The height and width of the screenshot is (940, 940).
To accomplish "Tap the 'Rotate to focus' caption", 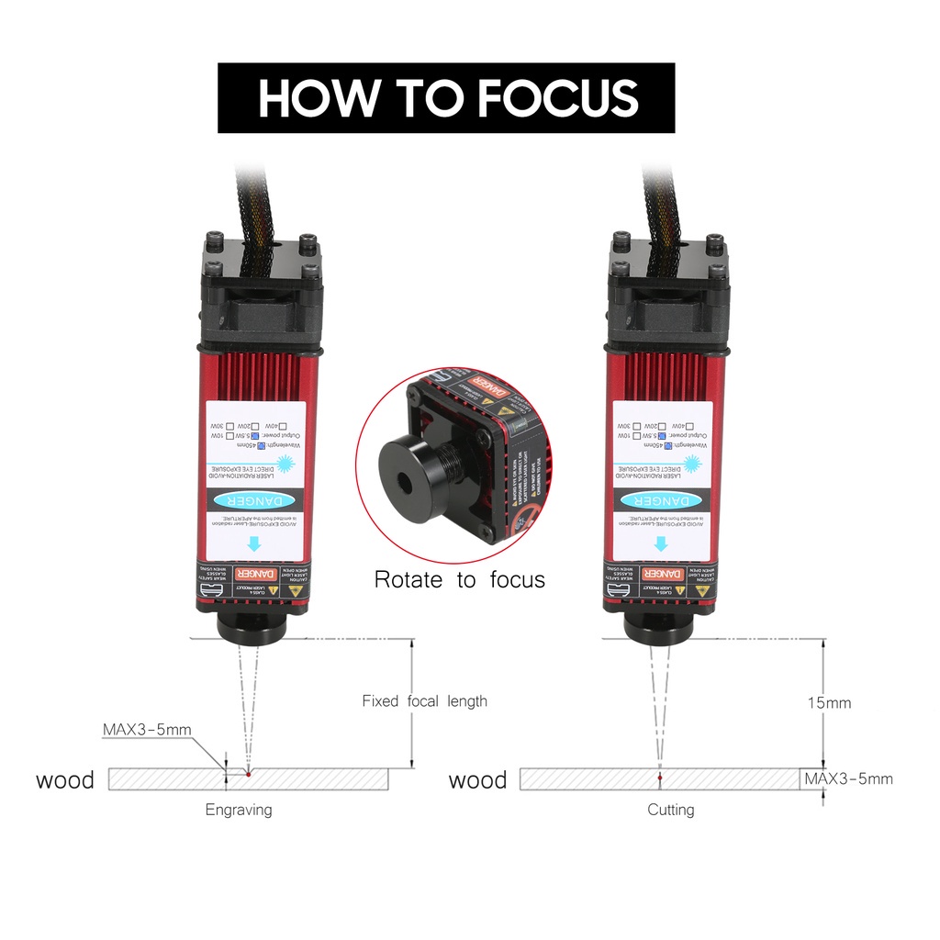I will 459,580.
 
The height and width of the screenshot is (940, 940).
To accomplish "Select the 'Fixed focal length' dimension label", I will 424,701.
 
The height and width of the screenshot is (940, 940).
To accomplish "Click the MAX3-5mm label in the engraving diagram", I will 147,731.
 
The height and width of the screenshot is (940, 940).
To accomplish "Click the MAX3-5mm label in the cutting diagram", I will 848,779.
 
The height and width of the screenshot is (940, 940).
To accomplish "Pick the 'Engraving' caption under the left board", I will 239,810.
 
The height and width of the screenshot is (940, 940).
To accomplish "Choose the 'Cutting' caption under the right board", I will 671,810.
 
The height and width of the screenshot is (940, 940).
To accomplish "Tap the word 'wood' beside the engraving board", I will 64,780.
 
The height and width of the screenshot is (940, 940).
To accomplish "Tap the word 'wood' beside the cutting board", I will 477,780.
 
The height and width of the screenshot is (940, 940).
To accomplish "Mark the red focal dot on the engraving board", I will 248,773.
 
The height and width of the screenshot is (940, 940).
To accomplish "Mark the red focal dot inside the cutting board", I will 659,779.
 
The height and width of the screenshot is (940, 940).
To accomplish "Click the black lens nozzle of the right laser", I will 657,629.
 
